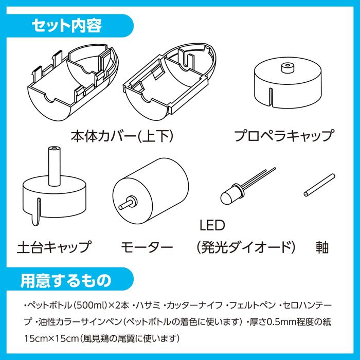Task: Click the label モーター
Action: point(147,246)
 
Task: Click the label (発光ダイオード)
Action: point(245,246)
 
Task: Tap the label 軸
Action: point(322,246)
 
